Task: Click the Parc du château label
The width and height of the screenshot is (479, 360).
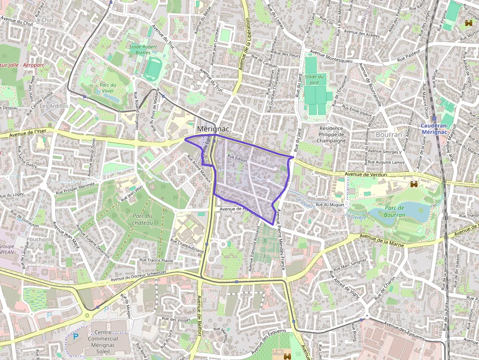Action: pyautogui.click(x=142, y=219)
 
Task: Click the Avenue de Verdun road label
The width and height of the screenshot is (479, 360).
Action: pyautogui.click(x=366, y=174)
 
